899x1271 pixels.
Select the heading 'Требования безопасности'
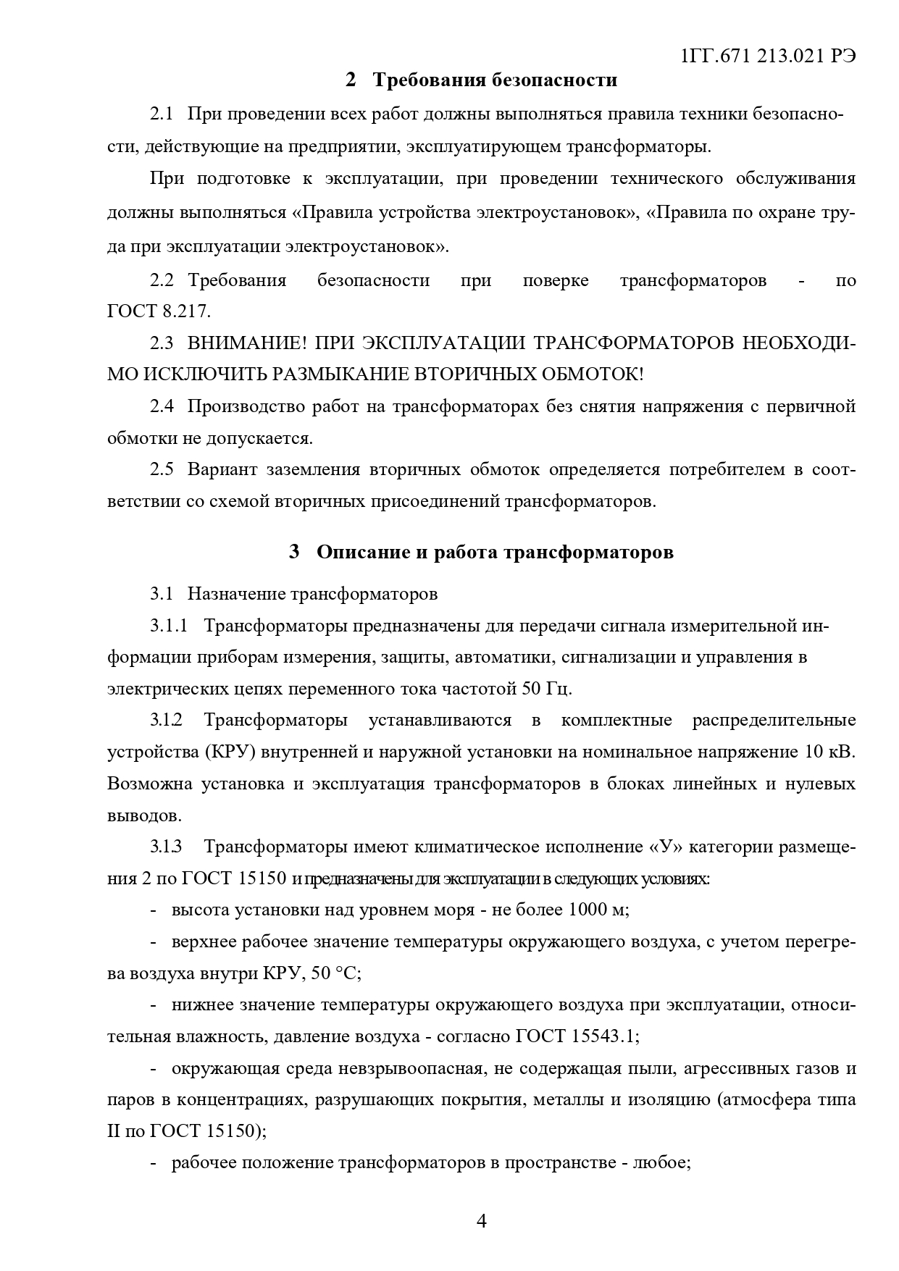(x=495, y=80)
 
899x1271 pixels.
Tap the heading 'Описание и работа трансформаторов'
(x=495, y=552)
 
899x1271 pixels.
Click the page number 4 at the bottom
(x=482, y=1221)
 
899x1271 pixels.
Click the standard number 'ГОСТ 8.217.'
(x=159, y=311)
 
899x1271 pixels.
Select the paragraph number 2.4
(x=162, y=406)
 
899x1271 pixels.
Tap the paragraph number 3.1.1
(x=169, y=626)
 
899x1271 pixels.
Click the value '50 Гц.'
(x=547, y=688)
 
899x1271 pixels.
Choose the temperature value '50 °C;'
(x=336, y=973)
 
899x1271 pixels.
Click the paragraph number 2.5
(x=162, y=469)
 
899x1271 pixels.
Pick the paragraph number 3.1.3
(x=167, y=847)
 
